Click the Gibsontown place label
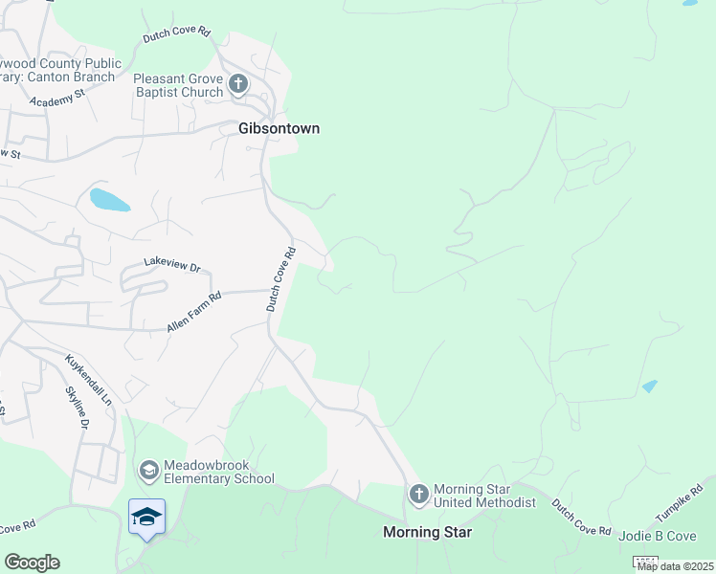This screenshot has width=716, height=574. [279, 128]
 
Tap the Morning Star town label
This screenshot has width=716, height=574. [427, 532]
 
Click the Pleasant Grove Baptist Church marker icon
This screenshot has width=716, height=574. [238, 84]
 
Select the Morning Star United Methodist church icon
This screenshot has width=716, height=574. [418, 494]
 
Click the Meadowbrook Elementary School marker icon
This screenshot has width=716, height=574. [148, 471]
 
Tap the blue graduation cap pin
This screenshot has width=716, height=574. [146, 518]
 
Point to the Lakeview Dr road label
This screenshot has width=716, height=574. [171, 263]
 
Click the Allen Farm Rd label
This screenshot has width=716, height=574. [193, 312]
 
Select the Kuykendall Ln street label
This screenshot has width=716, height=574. [89, 380]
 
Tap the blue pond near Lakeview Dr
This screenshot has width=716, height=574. [109, 200]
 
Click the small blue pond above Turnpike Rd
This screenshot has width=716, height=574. [650, 386]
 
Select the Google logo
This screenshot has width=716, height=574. [32, 563]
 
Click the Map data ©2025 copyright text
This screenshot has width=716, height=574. [676, 566]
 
